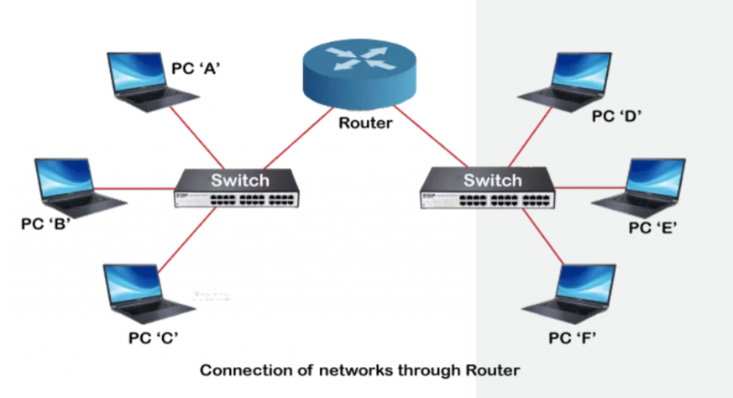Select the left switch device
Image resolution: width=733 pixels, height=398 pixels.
pos(239,189)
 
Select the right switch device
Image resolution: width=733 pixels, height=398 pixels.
pos(486,189)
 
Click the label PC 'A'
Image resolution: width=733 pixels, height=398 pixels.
pos(196,70)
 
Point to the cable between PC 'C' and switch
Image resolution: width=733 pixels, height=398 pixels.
pos(185,244)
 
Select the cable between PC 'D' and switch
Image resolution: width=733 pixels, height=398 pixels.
pos(533,138)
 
